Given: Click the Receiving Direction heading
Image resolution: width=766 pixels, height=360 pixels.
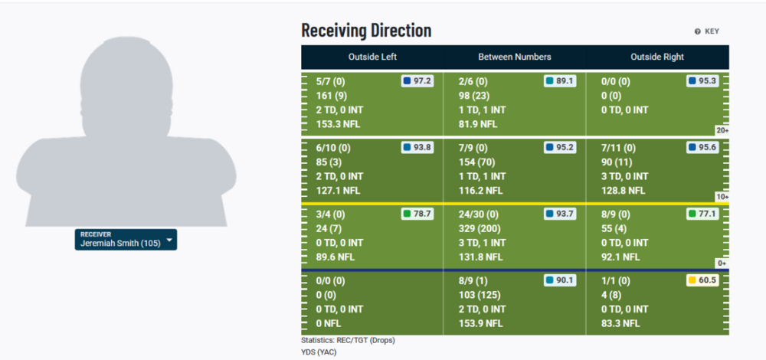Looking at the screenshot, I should tap(366, 31).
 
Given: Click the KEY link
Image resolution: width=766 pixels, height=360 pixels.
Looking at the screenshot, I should tap(707, 31).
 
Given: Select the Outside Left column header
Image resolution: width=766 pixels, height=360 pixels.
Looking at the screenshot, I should tap(372, 57).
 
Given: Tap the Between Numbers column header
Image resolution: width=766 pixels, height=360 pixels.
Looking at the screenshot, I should tap(515, 57).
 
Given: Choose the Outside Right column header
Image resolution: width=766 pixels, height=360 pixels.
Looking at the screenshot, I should tap(657, 57).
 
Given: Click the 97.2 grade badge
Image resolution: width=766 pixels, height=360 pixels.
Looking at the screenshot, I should tap(417, 80).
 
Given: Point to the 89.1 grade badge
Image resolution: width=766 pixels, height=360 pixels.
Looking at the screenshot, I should tap(560, 80).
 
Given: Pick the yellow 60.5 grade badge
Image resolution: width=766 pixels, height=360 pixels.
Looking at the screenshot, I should tap(702, 280).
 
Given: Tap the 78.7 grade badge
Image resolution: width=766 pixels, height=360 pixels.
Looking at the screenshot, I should tap(417, 214).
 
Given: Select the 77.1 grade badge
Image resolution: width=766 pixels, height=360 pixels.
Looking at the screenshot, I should tap(702, 214).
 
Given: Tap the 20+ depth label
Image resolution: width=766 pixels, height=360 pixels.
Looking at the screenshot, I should tap(722, 130).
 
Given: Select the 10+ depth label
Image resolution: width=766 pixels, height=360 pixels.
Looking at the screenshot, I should tap(722, 197).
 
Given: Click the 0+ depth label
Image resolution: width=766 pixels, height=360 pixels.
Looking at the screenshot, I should tap(722, 263).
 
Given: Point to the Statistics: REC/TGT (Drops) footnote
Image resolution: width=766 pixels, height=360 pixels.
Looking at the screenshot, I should tap(348, 339).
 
